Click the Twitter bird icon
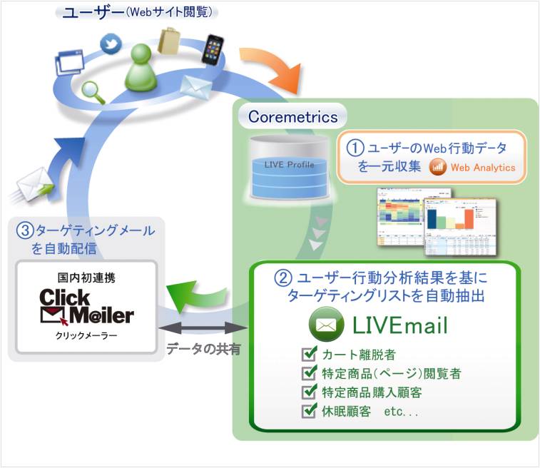(x=109, y=44)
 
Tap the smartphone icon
(x=213, y=49)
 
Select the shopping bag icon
(x=171, y=41)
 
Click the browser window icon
(x=68, y=61)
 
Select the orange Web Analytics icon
(x=438, y=168)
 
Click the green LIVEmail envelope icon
(x=326, y=325)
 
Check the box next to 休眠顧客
(x=310, y=411)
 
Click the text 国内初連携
(x=86, y=275)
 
